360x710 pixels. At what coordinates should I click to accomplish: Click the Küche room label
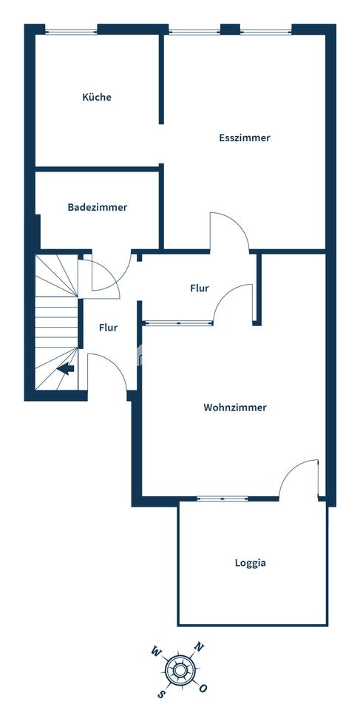(97, 97)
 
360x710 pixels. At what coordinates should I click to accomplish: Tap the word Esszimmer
(244, 138)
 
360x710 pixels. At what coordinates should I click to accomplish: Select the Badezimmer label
(97, 207)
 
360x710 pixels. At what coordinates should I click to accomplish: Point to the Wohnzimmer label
(234, 408)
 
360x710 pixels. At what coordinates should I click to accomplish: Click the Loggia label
(250, 563)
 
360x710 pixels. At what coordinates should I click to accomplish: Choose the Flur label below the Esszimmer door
(199, 288)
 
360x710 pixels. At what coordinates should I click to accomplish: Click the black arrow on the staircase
(66, 369)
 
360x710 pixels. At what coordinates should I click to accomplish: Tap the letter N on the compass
(197, 646)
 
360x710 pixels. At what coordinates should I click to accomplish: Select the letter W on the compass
(156, 652)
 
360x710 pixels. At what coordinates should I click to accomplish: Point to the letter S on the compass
(161, 693)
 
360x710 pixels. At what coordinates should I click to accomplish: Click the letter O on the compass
(203, 688)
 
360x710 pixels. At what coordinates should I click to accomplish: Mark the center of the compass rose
(179, 670)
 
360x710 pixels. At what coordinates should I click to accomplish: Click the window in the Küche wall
(71, 31)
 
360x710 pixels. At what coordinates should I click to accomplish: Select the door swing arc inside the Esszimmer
(230, 229)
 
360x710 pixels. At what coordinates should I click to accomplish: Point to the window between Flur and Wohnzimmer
(177, 322)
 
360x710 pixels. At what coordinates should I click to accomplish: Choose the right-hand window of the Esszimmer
(266, 31)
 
